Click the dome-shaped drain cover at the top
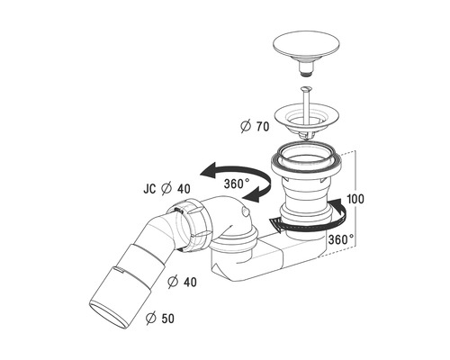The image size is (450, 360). tap(307, 46)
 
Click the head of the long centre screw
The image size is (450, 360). tap(307, 89)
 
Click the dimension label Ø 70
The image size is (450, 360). tap(255, 126)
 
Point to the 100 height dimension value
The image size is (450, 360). tap(355, 199)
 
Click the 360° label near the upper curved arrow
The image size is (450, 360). tap(237, 184)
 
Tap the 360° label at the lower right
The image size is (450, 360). tap(341, 239)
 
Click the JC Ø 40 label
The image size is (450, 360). tap(166, 189)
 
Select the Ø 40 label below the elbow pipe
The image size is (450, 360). tap(183, 282)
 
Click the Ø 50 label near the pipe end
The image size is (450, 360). tap(160, 319)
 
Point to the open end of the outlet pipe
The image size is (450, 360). tap(110, 316)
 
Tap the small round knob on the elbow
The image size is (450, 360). tap(244, 212)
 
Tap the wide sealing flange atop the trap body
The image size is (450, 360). tap(306, 162)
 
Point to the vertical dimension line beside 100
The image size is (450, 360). tap(355, 199)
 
